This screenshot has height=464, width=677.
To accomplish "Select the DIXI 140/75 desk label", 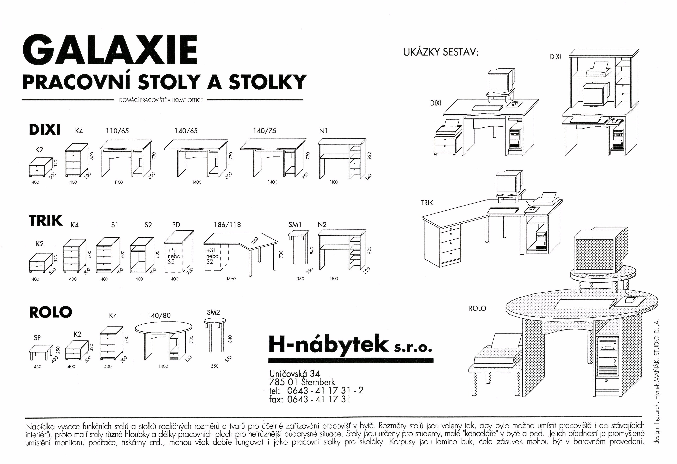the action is click(264, 131).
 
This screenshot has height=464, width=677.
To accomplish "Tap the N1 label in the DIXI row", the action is click(323, 131).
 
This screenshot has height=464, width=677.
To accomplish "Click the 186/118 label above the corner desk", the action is click(227, 225).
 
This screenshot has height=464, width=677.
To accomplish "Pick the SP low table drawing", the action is click(41, 353).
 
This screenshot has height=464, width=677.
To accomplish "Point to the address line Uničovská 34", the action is click(295, 373).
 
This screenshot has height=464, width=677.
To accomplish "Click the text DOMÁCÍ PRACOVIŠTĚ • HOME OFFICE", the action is click(161, 100).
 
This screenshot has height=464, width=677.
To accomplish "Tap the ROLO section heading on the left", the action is click(50, 312).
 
